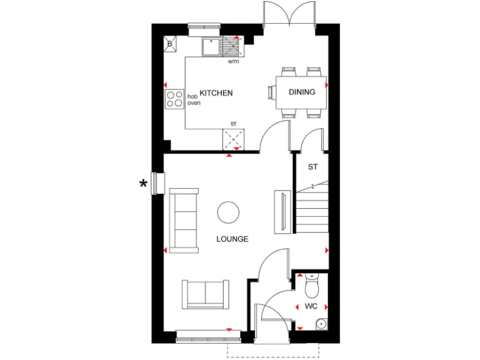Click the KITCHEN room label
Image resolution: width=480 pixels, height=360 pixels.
[x=216, y=93]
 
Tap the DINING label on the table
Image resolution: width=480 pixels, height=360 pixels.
[x=302, y=92]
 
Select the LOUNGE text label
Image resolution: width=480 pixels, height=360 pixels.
[x=232, y=239]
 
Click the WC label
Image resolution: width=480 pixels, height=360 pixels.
[x=311, y=306]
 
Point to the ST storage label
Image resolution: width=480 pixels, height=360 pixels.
[x=313, y=167]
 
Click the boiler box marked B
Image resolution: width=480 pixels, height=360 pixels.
[x=170, y=44]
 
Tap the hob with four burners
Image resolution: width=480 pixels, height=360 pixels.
[x=174, y=99]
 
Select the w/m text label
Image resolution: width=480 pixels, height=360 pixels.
[x=234, y=62]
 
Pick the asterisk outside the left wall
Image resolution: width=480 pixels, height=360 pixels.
[x=144, y=183]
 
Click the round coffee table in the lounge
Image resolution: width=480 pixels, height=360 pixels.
[x=229, y=212]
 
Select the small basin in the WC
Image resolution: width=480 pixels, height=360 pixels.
[x=321, y=323]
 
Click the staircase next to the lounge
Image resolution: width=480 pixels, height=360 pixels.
[x=311, y=209]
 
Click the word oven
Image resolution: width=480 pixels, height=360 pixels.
[x=194, y=102]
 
